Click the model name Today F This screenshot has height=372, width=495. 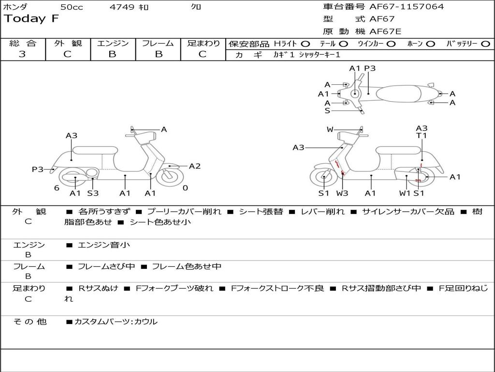coord(31,19)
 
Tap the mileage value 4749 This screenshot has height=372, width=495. coord(123,7)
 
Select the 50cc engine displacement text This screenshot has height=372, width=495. coord(72,7)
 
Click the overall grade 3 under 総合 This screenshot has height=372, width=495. coord(22,54)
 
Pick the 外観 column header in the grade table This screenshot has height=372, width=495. coord(68,44)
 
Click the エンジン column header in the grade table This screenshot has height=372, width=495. coord(113,44)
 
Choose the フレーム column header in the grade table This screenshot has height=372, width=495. coord(158,44)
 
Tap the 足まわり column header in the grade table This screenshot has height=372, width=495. coord(203,44)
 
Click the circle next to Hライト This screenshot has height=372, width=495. coord(306,44)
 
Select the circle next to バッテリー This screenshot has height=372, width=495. coord(485,44)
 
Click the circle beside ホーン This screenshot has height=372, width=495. coord(430,44)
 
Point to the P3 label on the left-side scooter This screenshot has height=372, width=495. coord(37,169)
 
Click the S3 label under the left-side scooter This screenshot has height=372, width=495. coord(93,193)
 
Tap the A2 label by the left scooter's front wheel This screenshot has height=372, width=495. coord(194,166)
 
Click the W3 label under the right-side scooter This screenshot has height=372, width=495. coord(342,193)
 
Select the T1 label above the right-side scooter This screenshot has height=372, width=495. coord(422,136)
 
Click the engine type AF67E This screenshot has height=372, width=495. coord(385,31)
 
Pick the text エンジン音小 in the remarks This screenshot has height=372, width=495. coord(103,245)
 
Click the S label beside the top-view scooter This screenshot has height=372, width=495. coord(327,110)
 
